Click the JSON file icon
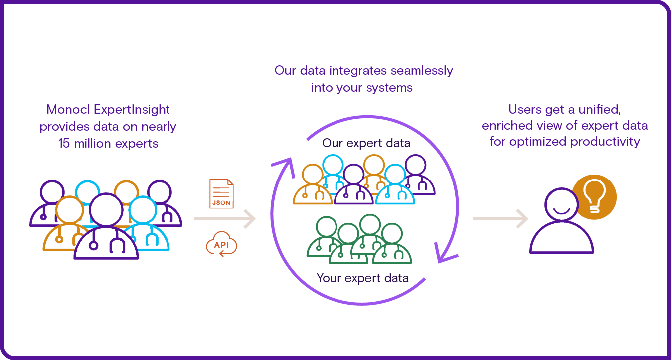click(x=221, y=194)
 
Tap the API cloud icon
click(x=221, y=245)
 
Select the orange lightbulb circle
click(x=594, y=197)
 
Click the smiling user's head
click(x=561, y=205)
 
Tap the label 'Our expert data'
click(x=366, y=144)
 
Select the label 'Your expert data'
click(x=362, y=278)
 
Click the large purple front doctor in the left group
click(x=106, y=229)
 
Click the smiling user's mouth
click(x=561, y=212)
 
